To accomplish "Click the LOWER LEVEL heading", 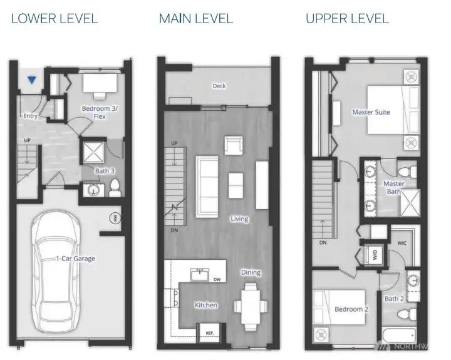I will [54, 18].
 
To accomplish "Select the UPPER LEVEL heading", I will [347, 18].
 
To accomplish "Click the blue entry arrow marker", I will [31, 80].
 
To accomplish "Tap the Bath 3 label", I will [105, 170].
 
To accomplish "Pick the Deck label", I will [219, 86].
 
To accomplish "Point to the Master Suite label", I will [371, 112].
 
